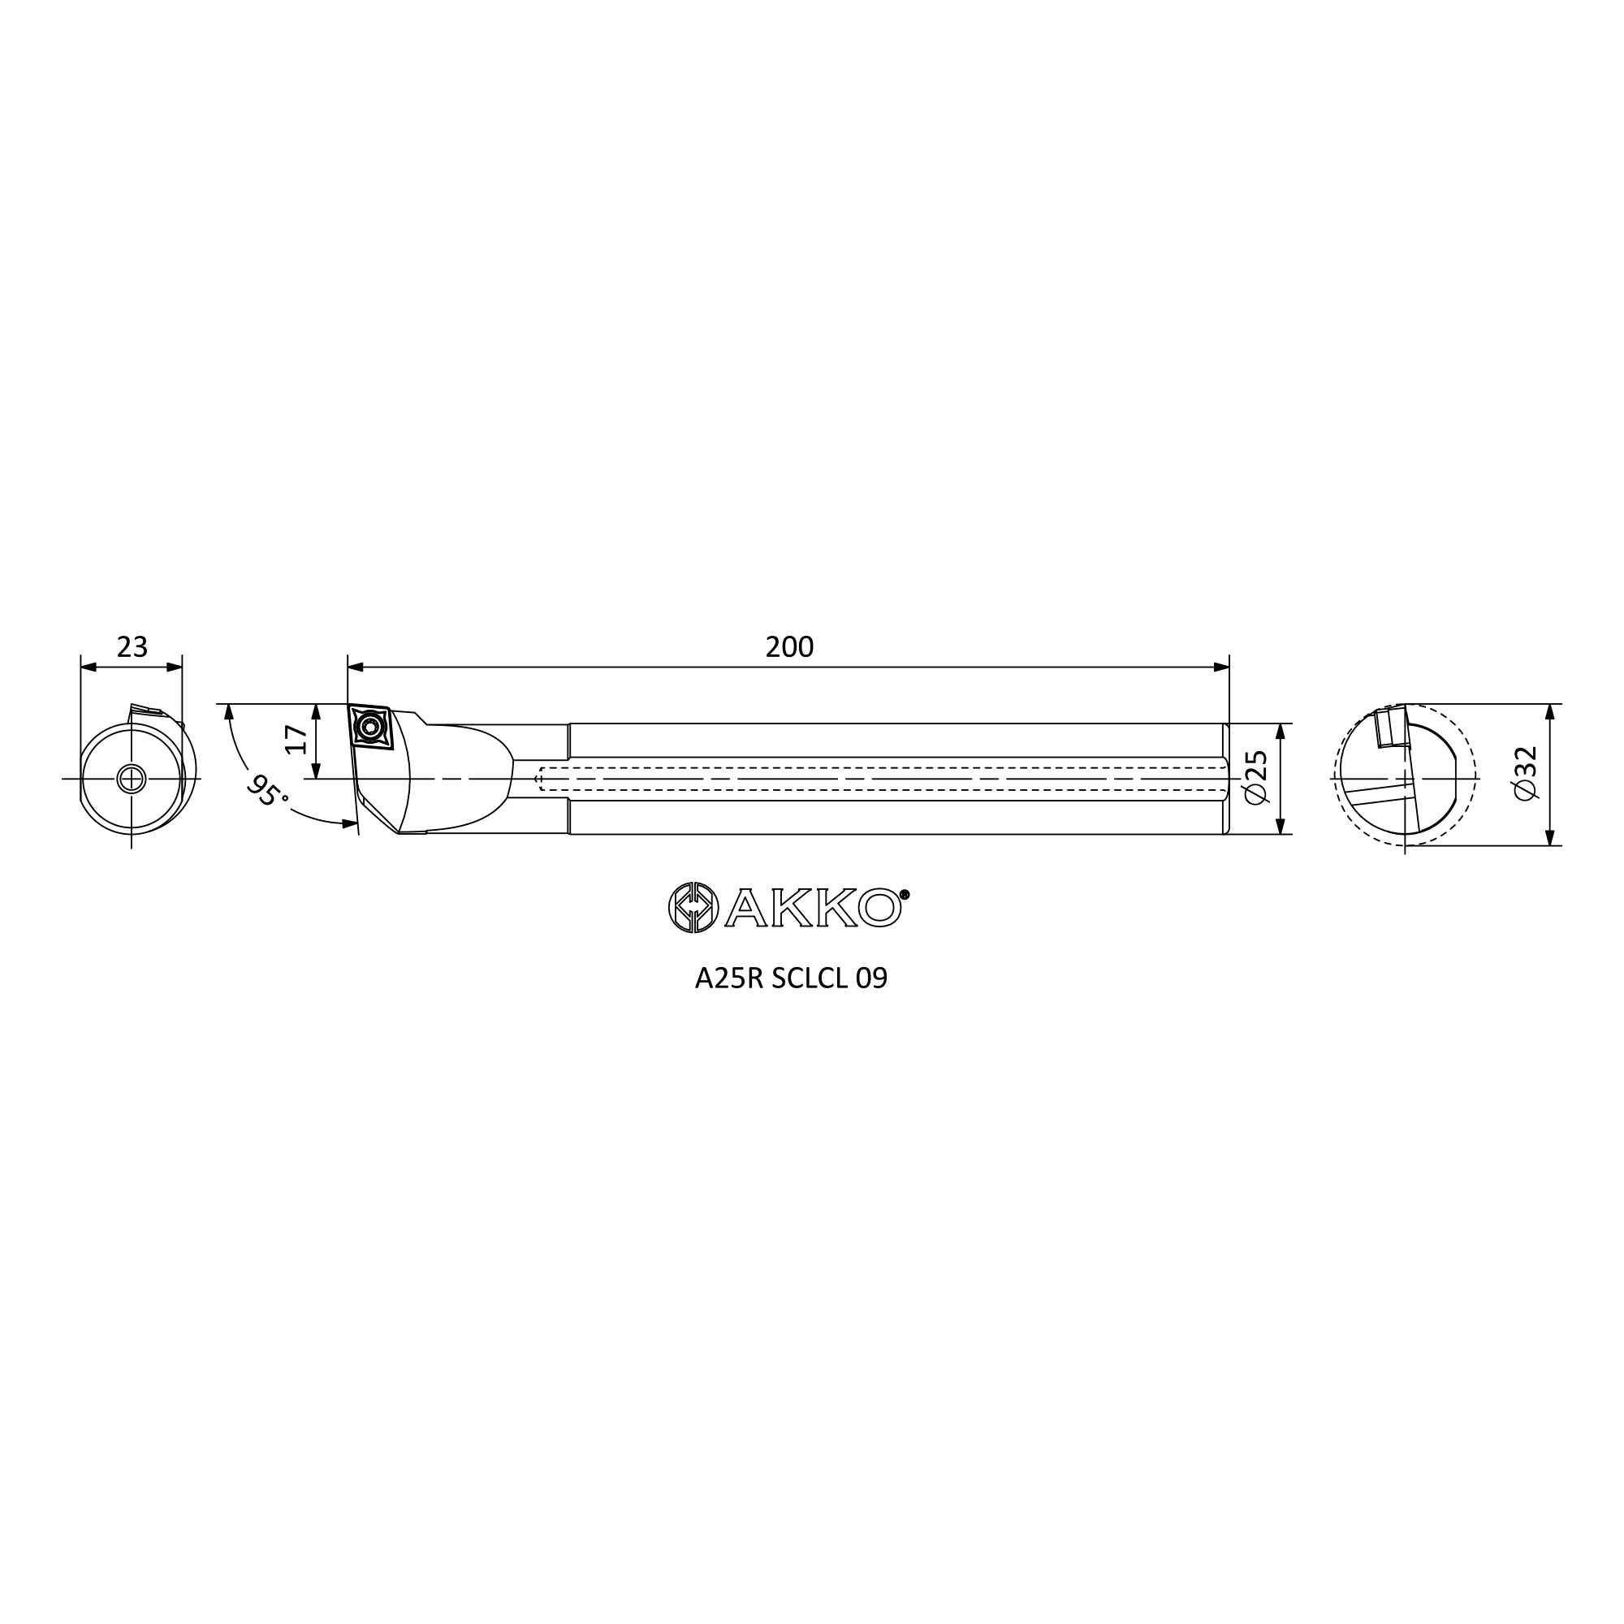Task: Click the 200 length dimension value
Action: pos(789,646)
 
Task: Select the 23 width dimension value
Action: pos(132,646)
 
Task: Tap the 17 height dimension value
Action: pos(296,740)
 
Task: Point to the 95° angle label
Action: pos(267,790)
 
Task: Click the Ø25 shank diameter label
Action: pos(1255,778)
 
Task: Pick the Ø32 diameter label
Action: pos(1524,772)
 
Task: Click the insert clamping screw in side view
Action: pos(367,725)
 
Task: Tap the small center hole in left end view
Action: pos(131,779)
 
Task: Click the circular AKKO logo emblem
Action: pos(693,908)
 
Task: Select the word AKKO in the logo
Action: pos(812,908)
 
